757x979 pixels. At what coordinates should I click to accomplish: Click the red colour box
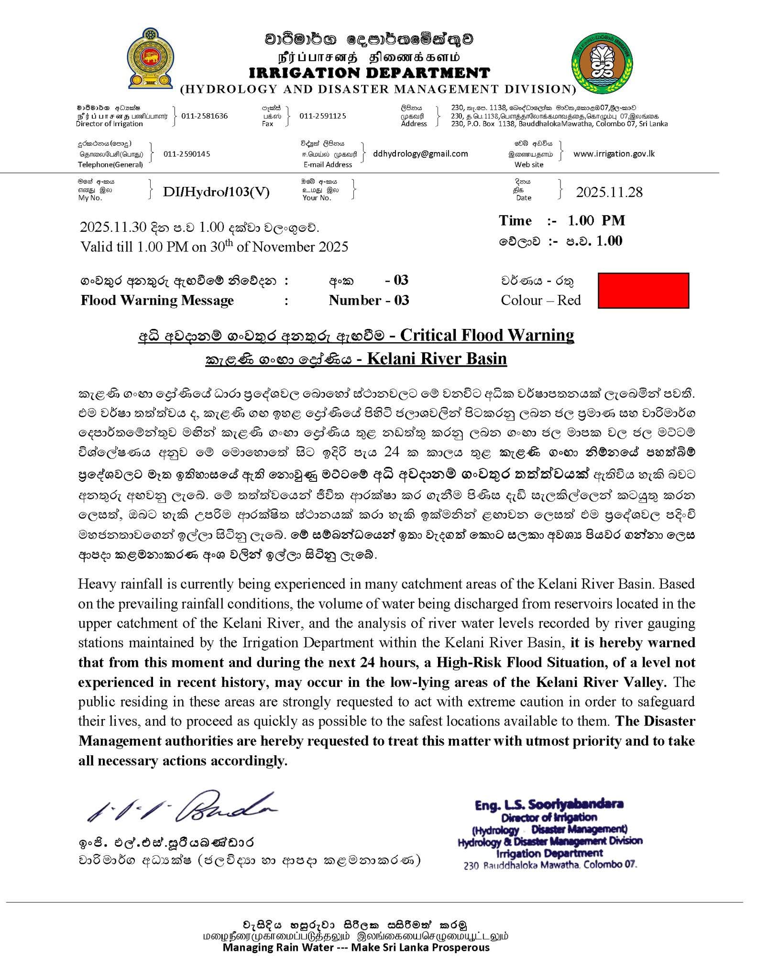643,290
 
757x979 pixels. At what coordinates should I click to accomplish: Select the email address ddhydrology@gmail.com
420,153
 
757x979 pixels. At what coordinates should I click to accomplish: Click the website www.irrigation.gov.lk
614,153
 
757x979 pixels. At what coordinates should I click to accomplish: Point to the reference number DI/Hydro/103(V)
216,192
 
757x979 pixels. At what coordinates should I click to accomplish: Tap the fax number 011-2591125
323,116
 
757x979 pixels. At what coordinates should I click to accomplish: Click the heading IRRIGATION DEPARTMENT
369,73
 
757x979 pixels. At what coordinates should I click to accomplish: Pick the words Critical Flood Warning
487,335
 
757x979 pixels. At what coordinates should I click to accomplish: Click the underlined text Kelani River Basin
437,358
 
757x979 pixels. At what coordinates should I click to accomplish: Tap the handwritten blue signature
182,808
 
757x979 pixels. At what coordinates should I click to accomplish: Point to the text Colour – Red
540,300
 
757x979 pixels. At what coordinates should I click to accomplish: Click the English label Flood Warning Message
157,300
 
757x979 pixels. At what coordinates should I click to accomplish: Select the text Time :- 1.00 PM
562,220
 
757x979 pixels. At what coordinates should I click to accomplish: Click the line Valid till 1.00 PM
214,247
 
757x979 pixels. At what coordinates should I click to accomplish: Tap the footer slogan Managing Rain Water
356,947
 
